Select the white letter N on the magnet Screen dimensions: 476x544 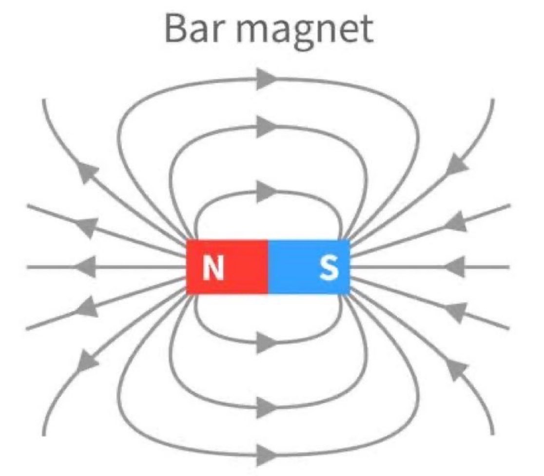[x=214, y=267]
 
